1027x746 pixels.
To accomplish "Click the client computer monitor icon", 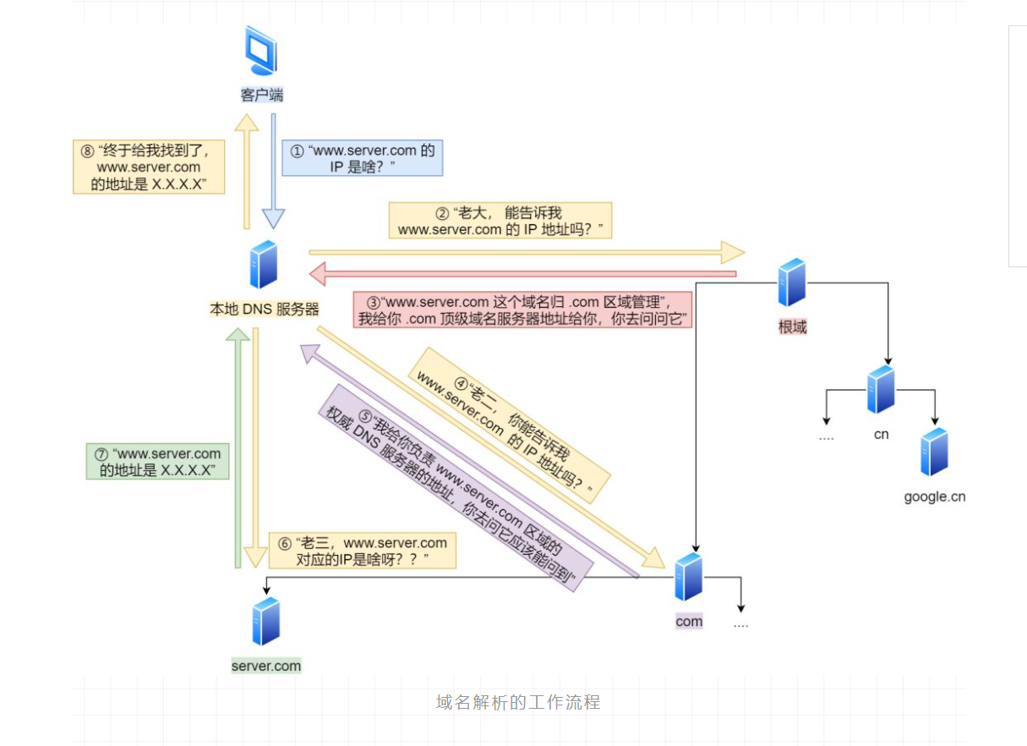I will pyautogui.click(x=262, y=52).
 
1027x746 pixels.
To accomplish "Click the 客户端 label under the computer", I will pyautogui.click(x=262, y=95).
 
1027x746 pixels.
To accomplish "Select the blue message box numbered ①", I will pyautogui.click(x=363, y=159).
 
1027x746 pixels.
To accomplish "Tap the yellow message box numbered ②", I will pyautogui.click(x=500, y=221).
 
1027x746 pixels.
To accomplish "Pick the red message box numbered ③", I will pyautogui.click(x=522, y=310).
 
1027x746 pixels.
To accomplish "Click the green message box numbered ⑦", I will pyautogui.click(x=158, y=462).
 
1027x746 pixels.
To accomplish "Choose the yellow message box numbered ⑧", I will pyautogui.click(x=149, y=167).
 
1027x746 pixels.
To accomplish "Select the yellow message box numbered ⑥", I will pyautogui.click(x=362, y=551).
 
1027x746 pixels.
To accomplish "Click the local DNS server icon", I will pyautogui.click(x=263, y=265).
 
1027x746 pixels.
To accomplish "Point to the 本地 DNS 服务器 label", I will pyautogui.click(x=265, y=310).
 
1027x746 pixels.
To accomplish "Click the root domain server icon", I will pyautogui.click(x=792, y=282).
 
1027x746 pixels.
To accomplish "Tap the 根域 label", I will pyautogui.click(x=792, y=326).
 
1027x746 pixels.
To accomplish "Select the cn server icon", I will pyautogui.click(x=881, y=389).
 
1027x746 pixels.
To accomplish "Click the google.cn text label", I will pyautogui.click(x=934, y=496).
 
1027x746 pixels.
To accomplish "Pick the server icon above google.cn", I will pyautogui.click(x=934, y=452).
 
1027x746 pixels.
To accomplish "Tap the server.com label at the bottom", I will pyautogui.click(x=266, y=666).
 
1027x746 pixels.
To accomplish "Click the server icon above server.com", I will pyautogui.click(x=265, y=621).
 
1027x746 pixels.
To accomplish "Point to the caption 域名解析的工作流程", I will pyautogui.click(x=518, y=702).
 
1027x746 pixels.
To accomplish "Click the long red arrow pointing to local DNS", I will pyautogui.click(x=524, y=273).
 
